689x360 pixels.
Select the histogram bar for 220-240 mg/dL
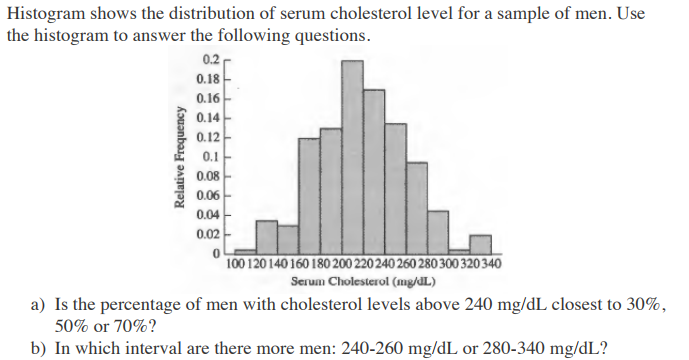[x=374, y=170]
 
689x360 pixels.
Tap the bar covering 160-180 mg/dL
[x=309, y=195]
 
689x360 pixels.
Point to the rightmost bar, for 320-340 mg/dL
[x=481, y=243]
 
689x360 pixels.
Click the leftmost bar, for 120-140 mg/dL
[x=266, y=236]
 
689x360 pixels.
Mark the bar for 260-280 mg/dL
[x=417, y=204]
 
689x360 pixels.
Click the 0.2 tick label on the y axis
[x=209, y=60]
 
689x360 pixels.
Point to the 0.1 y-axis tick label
[x=211, y=156]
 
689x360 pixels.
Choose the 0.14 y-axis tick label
[x=208, y=117]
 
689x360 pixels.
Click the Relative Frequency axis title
[x=181, y=158]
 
